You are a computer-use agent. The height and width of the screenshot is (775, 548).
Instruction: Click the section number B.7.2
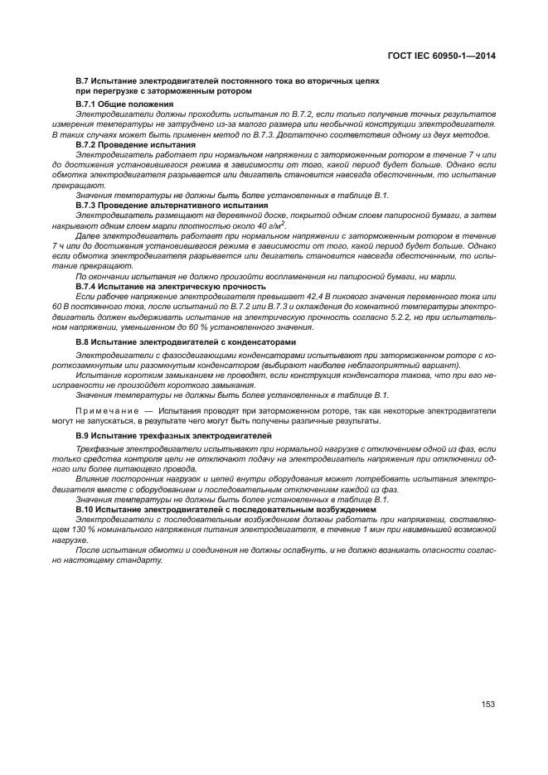click(88, 144)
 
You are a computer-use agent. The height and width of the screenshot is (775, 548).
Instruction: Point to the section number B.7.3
click(88, 204)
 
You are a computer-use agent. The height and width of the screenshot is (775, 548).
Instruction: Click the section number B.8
click(85, 341)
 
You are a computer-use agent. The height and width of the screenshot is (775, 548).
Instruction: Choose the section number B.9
click(85, 435)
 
